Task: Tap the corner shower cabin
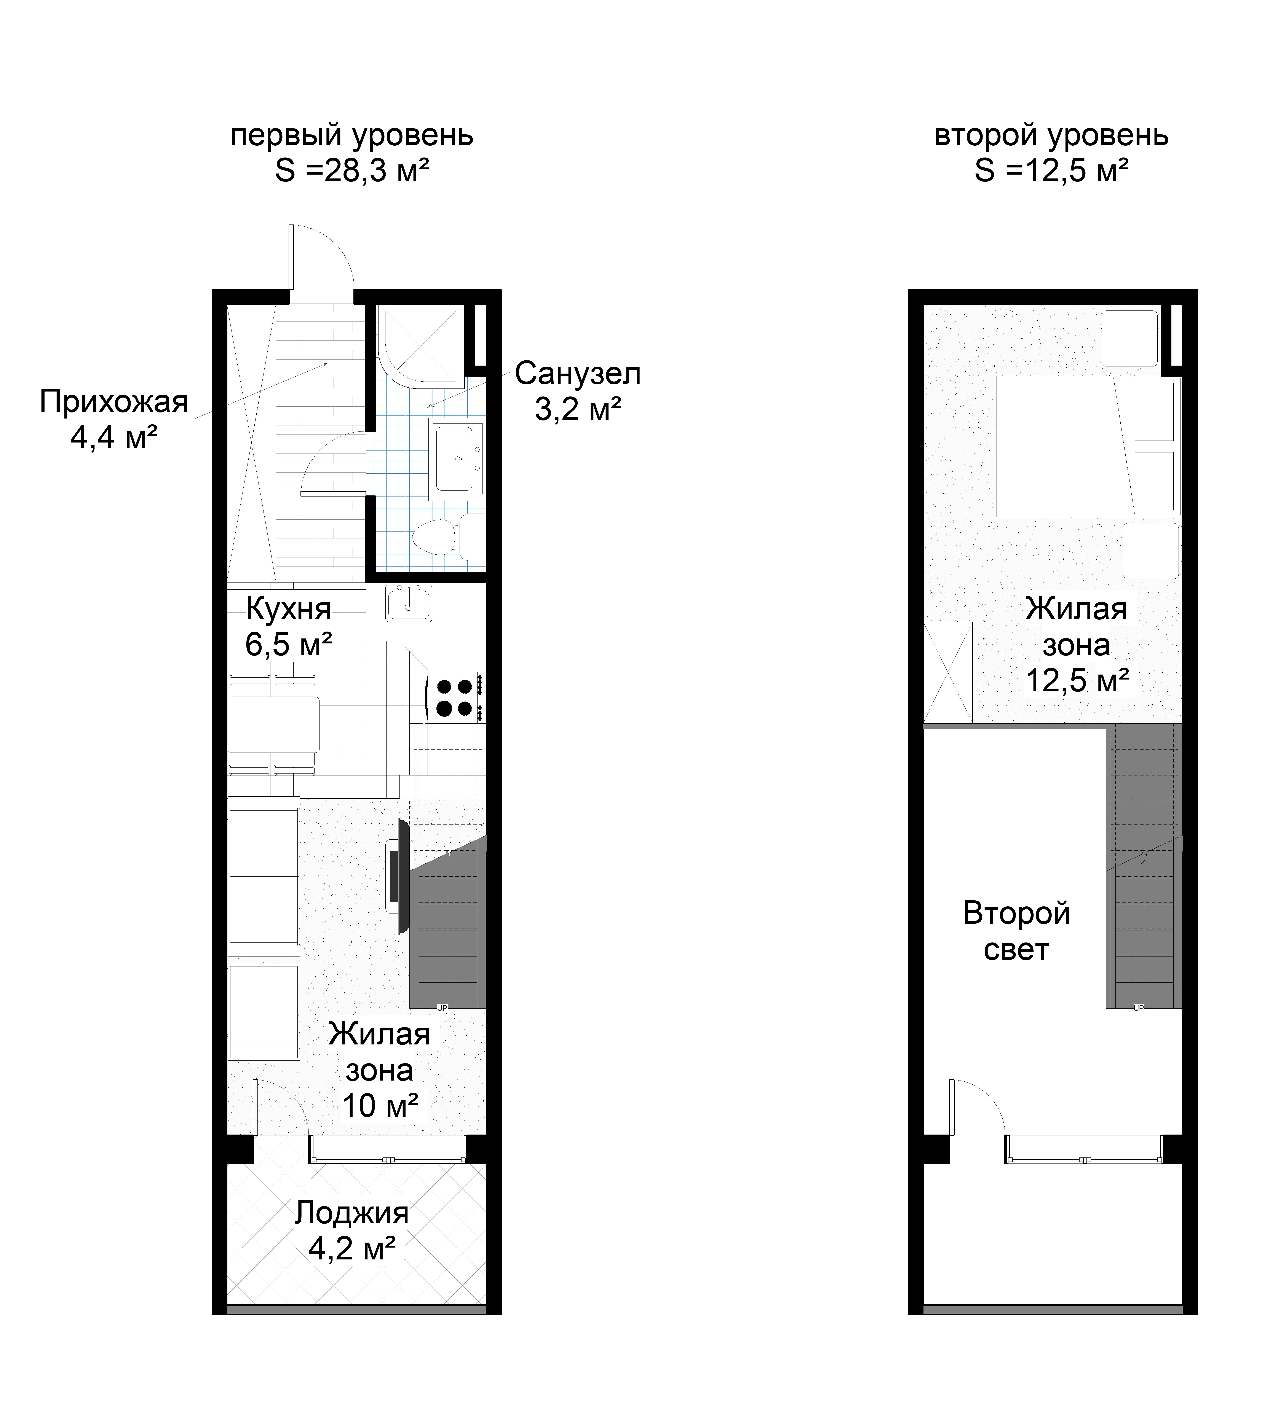[421, 346]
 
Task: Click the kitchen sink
[409, 604]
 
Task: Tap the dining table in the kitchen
[274, 724]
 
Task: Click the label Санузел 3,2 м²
[578, 391]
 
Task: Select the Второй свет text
[1016, 931]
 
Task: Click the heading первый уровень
[352, 135]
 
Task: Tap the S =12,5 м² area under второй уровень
[1051, 170]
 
